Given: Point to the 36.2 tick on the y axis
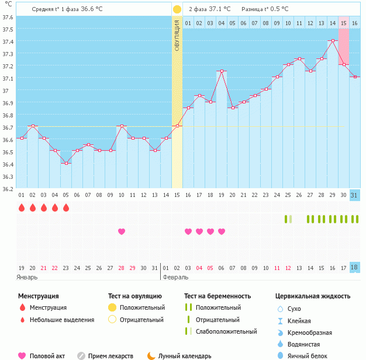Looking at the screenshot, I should (x=8, y=189).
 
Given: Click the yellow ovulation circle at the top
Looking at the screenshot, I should (x=177, y=9).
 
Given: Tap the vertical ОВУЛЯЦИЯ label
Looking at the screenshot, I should (x=177, y=35).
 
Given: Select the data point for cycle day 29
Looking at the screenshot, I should (x=333, y=40).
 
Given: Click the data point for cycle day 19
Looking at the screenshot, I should (x=222, y=71).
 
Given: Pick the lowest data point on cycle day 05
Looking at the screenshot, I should (x=66, y=163).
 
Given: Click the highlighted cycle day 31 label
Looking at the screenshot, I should (x=355, y=195).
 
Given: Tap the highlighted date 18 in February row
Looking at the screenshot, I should (x=355, y=267).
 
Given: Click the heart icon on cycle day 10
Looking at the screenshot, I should (x=122, y=231).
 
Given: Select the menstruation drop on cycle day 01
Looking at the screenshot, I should (x=22, y=207).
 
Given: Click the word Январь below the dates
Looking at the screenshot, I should (x=27, y=277).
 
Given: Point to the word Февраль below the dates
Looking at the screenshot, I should (x=176, y=277).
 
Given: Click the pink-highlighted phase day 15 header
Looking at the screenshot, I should (x=344, y=23).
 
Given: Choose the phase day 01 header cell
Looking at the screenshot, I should (x=188, y=23).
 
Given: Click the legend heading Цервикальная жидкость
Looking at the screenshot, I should (x=313, y=296).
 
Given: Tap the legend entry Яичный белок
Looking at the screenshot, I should (x=306, y=355).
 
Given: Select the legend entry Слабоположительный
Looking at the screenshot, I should (x=226, y=331).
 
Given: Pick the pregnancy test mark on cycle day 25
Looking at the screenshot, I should (x=288, y=219).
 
